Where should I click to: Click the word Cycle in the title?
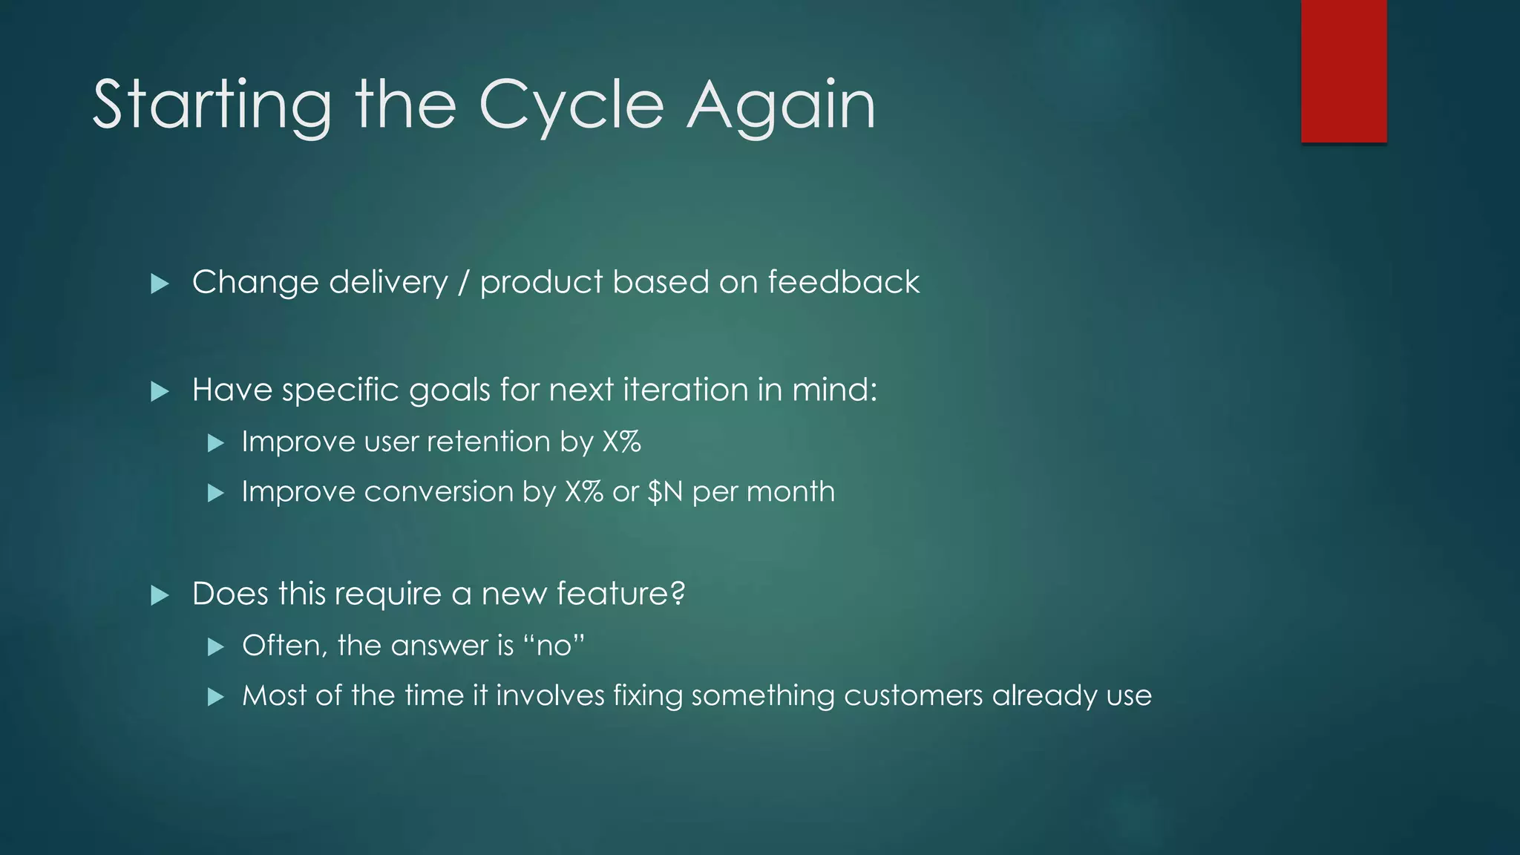[571, 105]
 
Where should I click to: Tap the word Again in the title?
[781, 105]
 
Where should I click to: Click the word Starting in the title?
[212, 105]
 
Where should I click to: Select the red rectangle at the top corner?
[1343, 71]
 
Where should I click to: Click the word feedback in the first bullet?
[844, 283]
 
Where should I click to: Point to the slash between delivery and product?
[464, 283]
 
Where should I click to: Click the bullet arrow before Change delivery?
[160, 284]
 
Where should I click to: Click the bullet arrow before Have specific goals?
[160, 391]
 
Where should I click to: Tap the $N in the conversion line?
[665, 492]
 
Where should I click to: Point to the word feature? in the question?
[620, 594]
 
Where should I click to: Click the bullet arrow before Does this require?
[160, 595]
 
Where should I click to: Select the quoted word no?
[554, 646]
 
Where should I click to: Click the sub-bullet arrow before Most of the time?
[215, 697]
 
